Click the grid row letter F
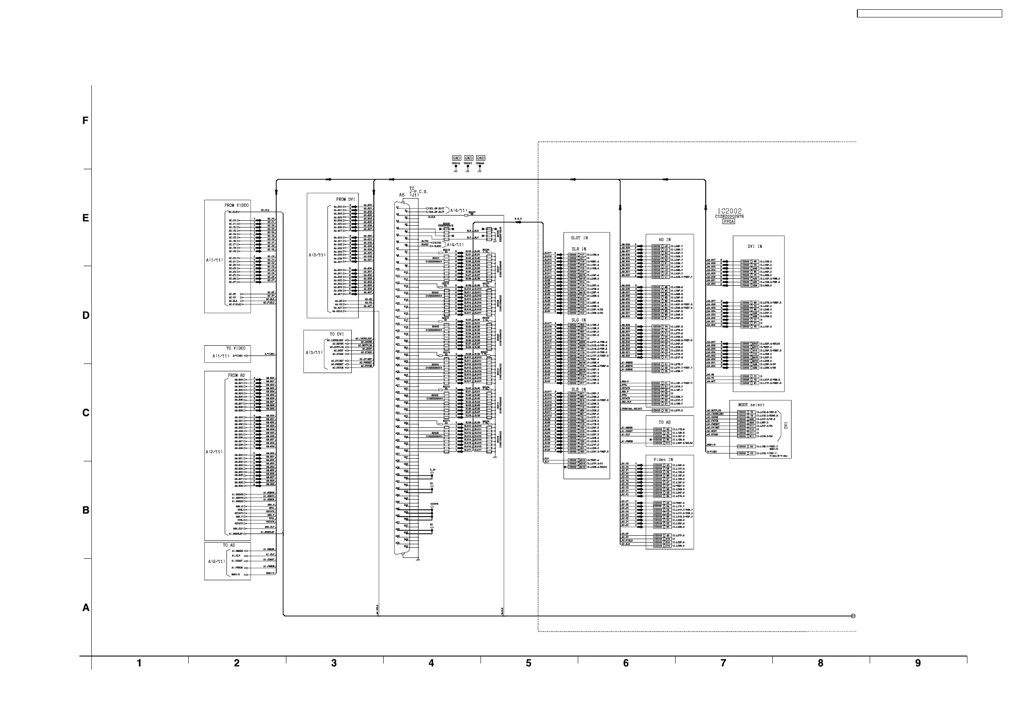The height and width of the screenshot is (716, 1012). click(85, 121)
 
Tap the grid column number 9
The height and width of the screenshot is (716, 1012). click(918, 663)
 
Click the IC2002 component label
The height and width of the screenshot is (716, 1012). click(729, 211)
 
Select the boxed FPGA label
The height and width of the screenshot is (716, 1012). click(729, 222)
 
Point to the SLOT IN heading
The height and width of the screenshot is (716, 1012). click(579, 238)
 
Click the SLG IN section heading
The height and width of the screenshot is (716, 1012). click(578, 320)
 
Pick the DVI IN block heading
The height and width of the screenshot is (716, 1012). click(755, 247)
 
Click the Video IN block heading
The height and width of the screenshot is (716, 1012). click(663, 460)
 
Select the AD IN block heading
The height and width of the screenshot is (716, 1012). click(664, 240)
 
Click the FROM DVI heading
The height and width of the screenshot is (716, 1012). click(345, 199)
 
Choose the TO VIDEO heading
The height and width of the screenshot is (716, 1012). click(236, 349)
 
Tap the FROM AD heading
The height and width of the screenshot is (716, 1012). click(236, 375)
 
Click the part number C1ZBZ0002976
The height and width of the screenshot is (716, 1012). click(729, 216)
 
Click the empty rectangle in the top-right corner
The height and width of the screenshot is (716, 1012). click(929, 14)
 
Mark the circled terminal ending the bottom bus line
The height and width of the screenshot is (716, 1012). click(854, 616)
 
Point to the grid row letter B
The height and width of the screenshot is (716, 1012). click(86, 510)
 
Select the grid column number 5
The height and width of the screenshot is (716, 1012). click(529, 663)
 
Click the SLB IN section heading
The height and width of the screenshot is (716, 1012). click(578, 389)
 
